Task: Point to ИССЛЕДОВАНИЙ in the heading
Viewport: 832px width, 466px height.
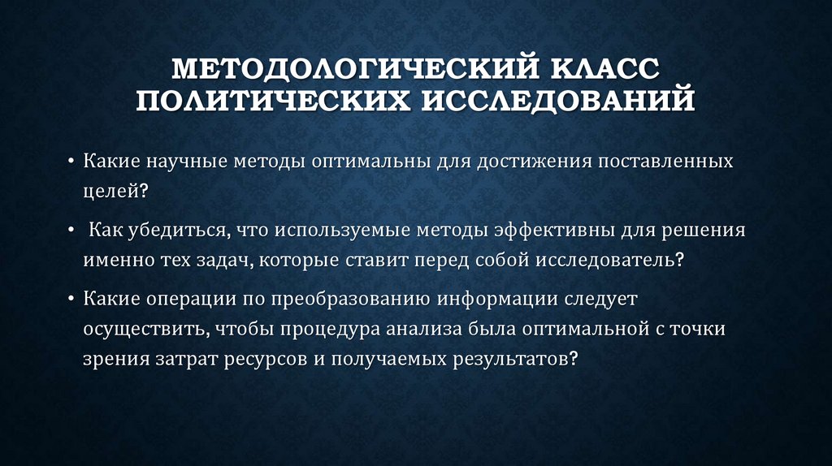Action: click(557, 102)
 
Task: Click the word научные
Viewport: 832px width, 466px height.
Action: click(190, 161)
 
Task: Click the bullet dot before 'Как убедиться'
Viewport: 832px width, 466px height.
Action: click(71, 230)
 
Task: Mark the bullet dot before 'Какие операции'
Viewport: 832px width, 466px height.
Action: click(71, 298)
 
